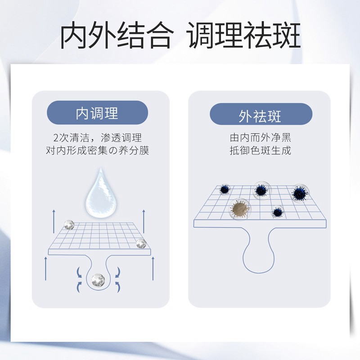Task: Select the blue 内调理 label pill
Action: [98, 112]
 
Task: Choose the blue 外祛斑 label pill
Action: [261, 115]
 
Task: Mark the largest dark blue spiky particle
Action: [299, 194]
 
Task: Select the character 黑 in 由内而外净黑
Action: [286, 138]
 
